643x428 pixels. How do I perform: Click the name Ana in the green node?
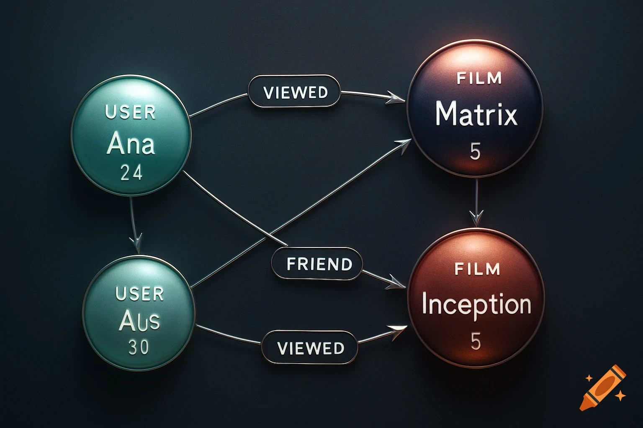131,144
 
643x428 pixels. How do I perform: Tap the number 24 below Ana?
131,172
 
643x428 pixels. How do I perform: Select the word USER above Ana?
130,112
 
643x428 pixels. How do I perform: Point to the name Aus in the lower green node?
139,321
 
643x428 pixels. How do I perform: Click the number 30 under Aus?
139,347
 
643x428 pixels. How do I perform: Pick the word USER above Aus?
139,294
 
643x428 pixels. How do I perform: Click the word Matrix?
476,114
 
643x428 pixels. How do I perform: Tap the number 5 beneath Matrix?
475,152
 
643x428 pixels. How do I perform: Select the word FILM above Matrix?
479,79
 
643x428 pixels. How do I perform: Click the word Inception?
476,304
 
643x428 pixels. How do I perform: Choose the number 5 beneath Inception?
476,341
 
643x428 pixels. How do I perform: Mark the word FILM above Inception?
477,269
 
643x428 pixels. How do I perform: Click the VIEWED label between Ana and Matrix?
296,92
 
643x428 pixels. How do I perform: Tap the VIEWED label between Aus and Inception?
311,348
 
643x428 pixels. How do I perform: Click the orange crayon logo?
603,387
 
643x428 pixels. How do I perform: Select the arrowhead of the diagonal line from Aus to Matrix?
403,145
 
